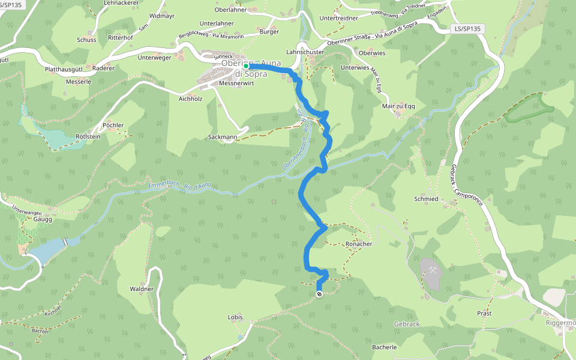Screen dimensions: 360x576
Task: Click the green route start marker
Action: [x=246, y=66]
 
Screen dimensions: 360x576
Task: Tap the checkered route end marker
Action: [x=319, y=294]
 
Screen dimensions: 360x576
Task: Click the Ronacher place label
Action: [x=359, y=244]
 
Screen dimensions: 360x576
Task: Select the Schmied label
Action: [x=426, y=199]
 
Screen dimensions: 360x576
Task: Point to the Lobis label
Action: [x=235, y=317]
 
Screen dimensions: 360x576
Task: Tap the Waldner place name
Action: [x=142, y=289]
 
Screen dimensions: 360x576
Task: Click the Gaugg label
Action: [x=43, y=220]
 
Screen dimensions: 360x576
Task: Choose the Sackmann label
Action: [x=222, y=137]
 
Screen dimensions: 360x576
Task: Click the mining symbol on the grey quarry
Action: [x=432, y=271]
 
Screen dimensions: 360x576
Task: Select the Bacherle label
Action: [x=385, y=347]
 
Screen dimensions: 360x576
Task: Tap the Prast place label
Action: [x=484, y=314]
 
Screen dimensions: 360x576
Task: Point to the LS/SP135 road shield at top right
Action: [x=467, y=29]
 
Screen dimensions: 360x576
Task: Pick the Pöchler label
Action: [x=113, y=125]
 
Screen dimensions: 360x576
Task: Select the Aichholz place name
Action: [x=191, y=98]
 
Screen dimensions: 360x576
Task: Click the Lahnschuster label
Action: [x=305, y=52]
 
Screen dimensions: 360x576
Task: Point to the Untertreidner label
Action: [x=338, y=18]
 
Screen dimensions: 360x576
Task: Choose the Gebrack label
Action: [x=407, y=324]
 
